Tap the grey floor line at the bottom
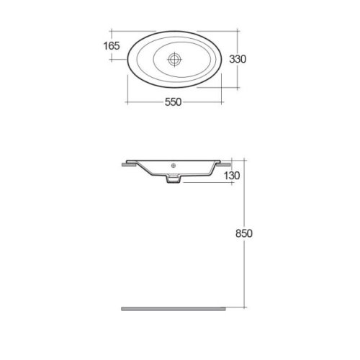174,307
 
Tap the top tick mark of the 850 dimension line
235,160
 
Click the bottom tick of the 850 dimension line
235,307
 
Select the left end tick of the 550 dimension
127,103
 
